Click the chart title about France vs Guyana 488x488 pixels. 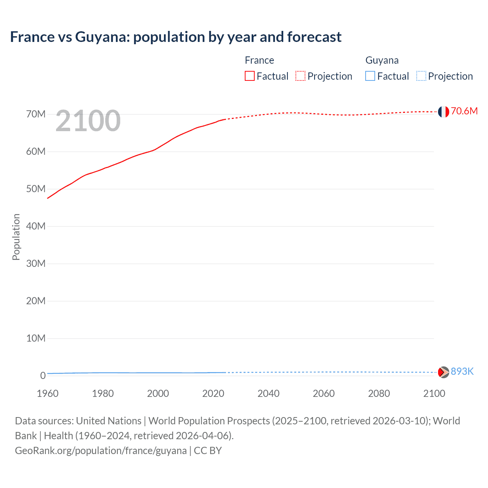[x=176, y=37]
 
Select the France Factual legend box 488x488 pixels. [x=250, y=76]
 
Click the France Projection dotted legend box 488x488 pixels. [x=300, y=76]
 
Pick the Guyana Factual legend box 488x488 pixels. [x=370, y=76]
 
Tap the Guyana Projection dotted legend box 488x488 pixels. [x=421, y=76]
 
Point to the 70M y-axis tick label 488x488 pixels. [x=36, y=114]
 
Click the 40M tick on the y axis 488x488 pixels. [x=36, y=226]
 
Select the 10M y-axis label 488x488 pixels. [x=36, y=339]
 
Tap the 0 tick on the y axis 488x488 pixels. [x=43, y=376]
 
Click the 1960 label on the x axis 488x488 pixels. [x=48, y=393]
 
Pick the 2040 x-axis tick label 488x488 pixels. [x=268, y=393]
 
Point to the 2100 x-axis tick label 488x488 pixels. [x=434, y=393]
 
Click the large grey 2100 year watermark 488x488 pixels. [x=88, y=121]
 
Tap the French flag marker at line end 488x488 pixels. [x=443, y=112]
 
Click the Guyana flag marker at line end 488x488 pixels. [x=443, y=372]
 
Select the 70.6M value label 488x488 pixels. [x=464, y=111]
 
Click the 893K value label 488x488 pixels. [x=462, y=372]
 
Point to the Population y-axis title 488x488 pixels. [x=16, y=237]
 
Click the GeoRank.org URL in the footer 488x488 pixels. [x=101, y=451]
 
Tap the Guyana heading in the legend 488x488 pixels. [x=382, y=60]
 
